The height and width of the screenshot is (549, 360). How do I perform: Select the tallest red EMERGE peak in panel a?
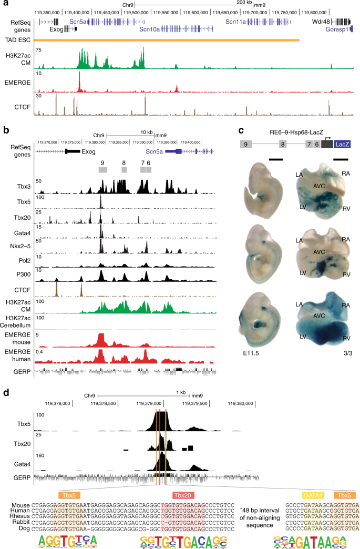79,82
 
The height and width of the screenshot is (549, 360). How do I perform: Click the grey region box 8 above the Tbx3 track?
124,170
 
